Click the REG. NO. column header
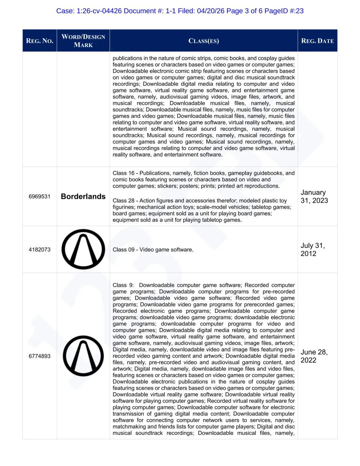coord(40,41)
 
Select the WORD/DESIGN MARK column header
coord(83,41)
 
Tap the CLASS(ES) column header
coord(204,41)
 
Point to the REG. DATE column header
coord(317,41)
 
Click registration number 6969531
coord(40,196)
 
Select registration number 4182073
coord(40,250)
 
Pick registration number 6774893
coord(40,356)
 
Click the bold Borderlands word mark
coord(83,196)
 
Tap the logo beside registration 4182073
coord(83,249)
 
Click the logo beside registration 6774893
coord(83,356)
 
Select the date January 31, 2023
coord(314,196)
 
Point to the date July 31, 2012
coord(313,250)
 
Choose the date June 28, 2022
coord(314,356)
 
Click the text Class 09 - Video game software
coord(153,250)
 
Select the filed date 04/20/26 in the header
coord(211,11)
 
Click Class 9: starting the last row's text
coord(123,285)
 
